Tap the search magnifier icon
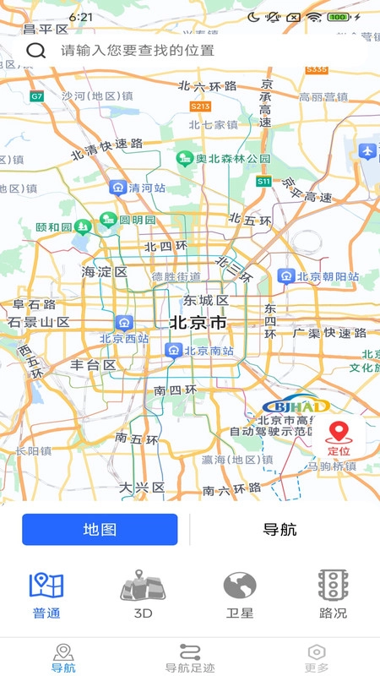35,50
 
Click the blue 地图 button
100,530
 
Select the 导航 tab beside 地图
280,530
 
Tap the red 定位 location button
339,439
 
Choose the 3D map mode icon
143,586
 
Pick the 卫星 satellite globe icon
239,586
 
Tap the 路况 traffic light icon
334,586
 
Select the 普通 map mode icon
47,586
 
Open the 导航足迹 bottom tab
189,657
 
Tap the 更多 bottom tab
317,657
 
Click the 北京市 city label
198,322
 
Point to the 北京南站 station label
208,351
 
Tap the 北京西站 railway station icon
124,322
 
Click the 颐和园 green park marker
83,226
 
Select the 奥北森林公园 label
233,159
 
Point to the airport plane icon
366,150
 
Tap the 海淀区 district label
104,272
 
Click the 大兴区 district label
139,488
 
